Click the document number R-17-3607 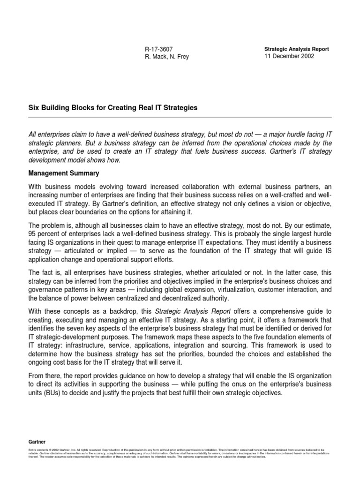tap(161, 49)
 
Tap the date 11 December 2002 tap(289, 56)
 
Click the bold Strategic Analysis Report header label tap(297, 49)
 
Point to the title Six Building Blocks tap(113, 108)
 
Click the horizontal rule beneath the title tap(180, 117)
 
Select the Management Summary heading tap(64, 173)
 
